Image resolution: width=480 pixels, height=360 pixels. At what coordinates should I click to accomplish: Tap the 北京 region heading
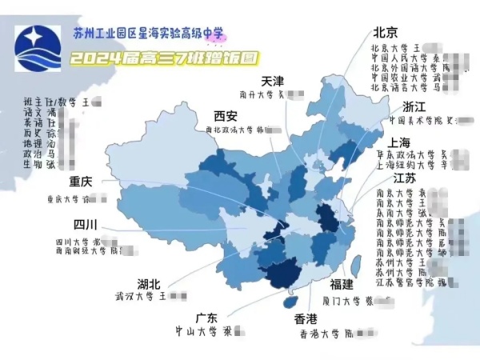click(386, 32)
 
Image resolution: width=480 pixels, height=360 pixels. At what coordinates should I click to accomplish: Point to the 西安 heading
click(226, 114)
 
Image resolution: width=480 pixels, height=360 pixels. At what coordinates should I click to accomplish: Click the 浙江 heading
click(414, 106)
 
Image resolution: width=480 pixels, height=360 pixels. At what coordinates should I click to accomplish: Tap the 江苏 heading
click(405, 178)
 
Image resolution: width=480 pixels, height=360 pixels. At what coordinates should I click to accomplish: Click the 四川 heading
click(86, 224)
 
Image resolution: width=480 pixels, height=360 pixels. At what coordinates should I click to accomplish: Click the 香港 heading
click(306, 318)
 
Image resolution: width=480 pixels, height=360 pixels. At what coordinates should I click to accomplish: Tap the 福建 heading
click(342, 284)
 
